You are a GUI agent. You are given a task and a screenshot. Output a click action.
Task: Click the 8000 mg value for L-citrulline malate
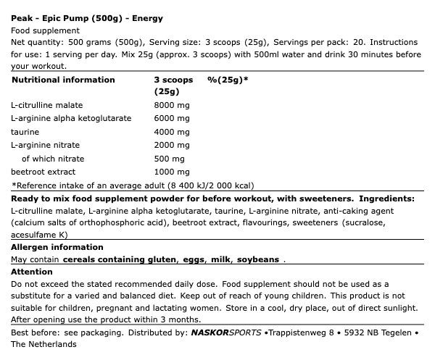[x=172, y=105]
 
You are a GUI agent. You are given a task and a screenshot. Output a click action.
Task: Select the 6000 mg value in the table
[x=172, y=118]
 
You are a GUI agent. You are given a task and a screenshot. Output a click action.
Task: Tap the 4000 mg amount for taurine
[x=172, y=132]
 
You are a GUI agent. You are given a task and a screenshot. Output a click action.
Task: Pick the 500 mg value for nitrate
[x=170, y=159]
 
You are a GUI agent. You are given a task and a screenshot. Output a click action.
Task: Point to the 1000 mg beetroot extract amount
[x=172, y=172]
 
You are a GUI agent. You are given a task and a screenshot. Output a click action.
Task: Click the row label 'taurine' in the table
[x=25, y=132]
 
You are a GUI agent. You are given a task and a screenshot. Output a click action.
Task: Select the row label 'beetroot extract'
[x=43, y=172]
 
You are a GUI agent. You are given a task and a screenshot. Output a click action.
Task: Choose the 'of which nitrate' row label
[x=53, y=159]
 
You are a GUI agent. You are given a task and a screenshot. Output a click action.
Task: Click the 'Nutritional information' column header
[x=63, y=80]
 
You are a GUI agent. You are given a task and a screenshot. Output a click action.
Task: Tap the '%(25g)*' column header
[x=228, y=80]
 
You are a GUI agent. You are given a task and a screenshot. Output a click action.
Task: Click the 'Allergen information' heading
[x=57, y=247]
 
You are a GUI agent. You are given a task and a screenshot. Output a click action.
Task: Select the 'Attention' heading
[x=32, y=272]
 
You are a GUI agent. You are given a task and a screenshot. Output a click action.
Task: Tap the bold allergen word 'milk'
[x=220, y=259]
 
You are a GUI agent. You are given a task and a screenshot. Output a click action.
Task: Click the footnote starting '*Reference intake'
[x=133, y=185]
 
